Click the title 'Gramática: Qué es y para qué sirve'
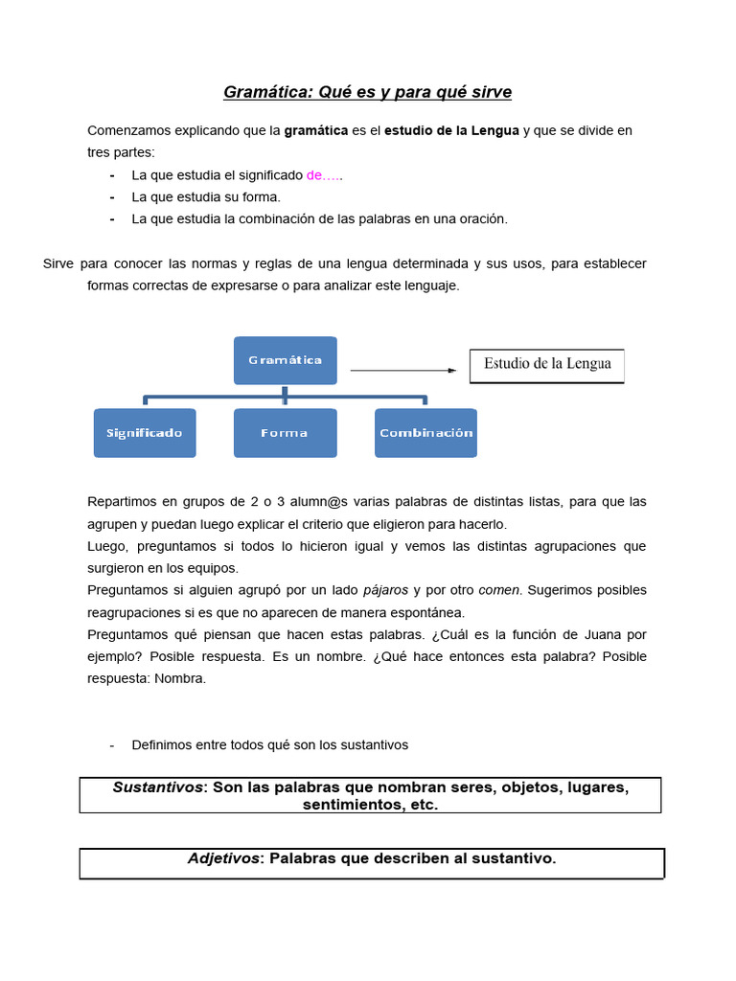pos(368,93)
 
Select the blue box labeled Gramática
pos(286,360)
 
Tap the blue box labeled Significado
pos(145,433)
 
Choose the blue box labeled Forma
pos(286,433)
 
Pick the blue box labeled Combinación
pos(425,433)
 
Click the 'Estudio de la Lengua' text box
pos(546,365)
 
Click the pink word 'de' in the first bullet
pos(315,175)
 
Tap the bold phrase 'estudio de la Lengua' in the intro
pos(451,130)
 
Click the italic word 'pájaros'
pos(385,590)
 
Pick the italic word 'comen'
pos(498,590)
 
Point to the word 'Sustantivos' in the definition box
pos(158,787)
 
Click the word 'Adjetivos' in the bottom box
pos(223,859)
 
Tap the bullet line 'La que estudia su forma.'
pos(205,197)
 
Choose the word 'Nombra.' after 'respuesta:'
pos(181,678)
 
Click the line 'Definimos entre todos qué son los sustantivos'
pos(269,745)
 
